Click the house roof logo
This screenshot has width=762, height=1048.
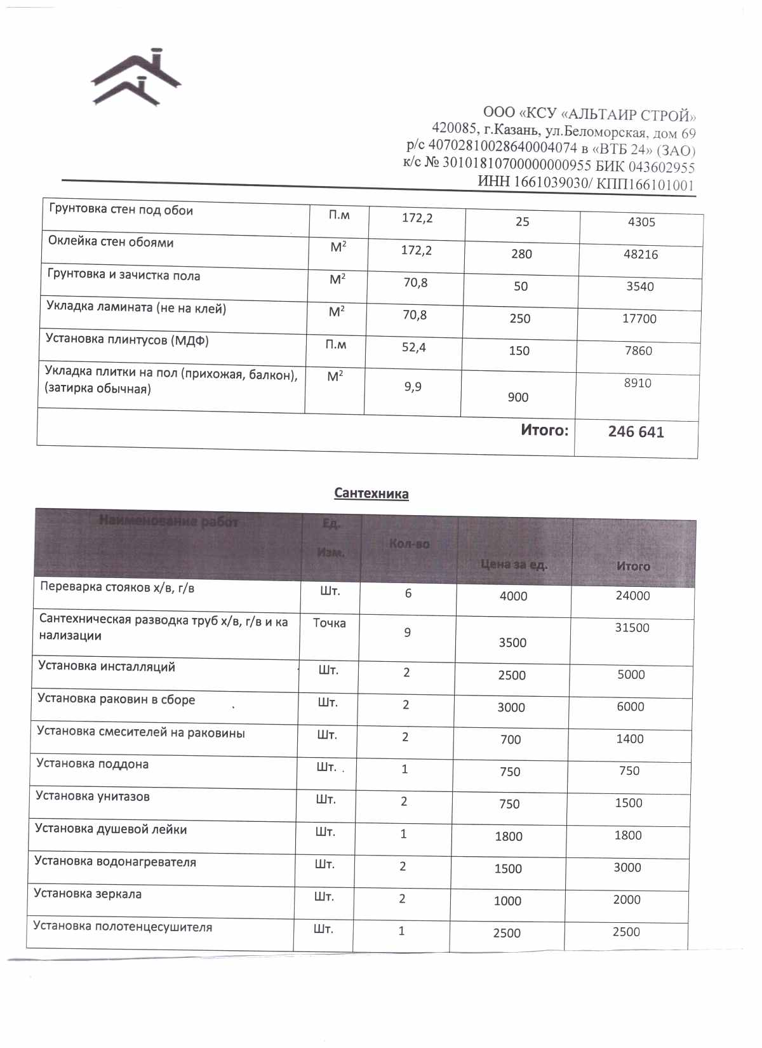click(137, 77)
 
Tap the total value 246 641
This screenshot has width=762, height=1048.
click(636, 432)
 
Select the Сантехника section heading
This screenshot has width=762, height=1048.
click(371, 494)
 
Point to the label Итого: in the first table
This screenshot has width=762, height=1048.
click(544, 430)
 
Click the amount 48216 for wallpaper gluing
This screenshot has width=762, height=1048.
click(641, 254)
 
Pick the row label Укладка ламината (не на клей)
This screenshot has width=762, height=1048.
click(136, 309)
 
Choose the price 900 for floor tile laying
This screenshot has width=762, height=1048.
click(518, 397)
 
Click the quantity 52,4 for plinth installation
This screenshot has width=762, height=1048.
click(413, 347)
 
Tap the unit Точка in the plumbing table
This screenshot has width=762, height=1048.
click(330, 623)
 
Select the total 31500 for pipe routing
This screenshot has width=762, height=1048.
click(632, 628)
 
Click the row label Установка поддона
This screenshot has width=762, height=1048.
click(92, 763)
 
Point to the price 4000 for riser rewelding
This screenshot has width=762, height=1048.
click(513, 596)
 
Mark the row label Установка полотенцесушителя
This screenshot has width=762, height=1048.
click(123, 926)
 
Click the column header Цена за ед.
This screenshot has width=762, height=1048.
click(513, 564)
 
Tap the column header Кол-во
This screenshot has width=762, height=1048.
click(409, 544)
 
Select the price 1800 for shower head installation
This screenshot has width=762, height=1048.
click(509, 836)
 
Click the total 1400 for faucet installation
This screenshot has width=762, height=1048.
click(629, 739)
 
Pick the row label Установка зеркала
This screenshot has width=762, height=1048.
click(88, 894)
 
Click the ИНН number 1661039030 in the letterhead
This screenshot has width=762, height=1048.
click(551, 183)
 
